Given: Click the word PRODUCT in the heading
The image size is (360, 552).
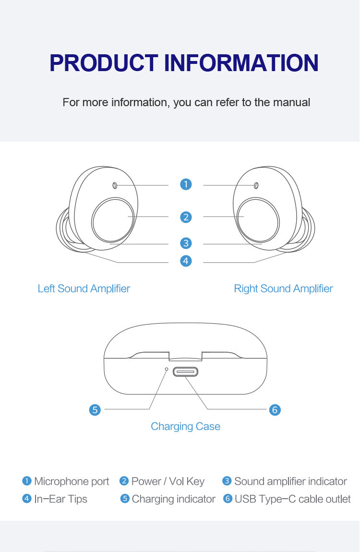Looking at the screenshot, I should [104, 63].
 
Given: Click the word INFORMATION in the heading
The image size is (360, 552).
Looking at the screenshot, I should [241, 63].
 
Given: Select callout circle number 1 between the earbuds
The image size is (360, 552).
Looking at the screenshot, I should [186, 184].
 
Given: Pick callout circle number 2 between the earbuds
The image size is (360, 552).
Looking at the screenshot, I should [186, 217].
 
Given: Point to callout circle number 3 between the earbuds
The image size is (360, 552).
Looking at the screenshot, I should [186, 244].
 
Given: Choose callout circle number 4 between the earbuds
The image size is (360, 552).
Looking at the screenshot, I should [186, 261].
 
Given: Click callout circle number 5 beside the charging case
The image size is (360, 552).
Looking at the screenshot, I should [95, 410].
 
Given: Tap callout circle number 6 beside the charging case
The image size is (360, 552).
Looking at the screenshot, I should [275, 410].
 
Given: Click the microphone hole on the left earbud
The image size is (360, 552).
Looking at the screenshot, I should [115, 185].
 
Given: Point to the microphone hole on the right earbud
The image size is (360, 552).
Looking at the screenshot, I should [256, 185].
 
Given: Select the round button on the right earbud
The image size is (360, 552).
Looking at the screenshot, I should [258, 221].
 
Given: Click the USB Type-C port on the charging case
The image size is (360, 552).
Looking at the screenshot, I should [185, 371].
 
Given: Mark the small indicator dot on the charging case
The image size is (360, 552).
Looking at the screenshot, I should [167, 369].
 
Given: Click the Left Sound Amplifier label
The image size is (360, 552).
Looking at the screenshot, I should [84, 289].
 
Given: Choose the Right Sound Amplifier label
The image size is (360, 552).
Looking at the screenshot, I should [283, 289].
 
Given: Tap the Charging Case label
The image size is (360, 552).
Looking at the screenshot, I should [185, 427].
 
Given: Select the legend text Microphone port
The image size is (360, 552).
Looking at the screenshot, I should [72, 481].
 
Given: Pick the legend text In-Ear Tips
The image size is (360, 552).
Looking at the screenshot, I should [60, 499].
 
